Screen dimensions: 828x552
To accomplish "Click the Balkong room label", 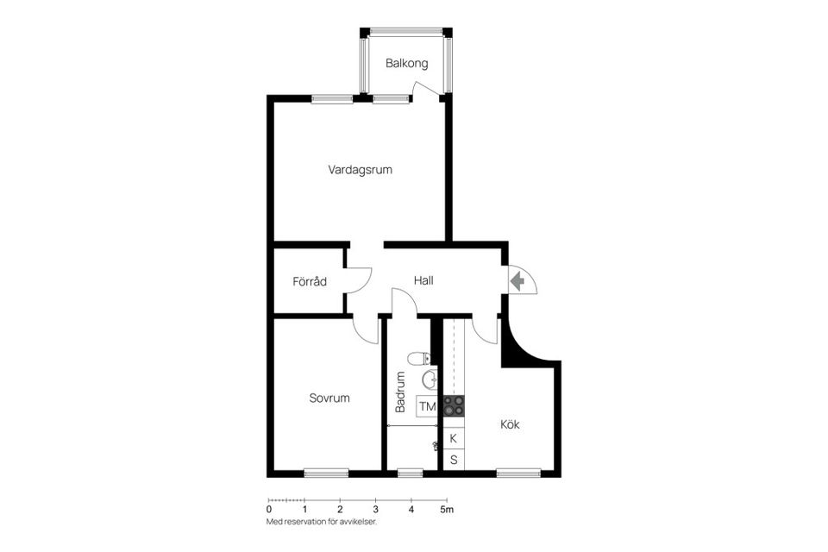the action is [x=406, y=63].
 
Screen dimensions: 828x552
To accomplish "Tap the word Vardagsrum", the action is [x=361, y=170].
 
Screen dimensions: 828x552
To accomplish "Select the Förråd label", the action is [x=310, y=281].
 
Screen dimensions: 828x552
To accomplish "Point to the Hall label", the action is [x=423, y=280].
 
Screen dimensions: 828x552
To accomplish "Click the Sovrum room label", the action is [x=329, y=398].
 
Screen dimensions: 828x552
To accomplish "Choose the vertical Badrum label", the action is [x=400, y=392].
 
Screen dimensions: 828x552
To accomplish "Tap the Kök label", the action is [x=510, y=423].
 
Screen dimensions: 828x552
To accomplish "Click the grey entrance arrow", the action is [x=517, y=280].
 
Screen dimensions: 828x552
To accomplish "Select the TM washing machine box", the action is [x=427, y=406].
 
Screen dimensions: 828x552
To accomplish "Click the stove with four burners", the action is [x=454, y=405].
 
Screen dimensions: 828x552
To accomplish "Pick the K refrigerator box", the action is [x=454, y=438].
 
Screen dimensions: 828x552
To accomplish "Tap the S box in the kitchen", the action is [x=454, y=460].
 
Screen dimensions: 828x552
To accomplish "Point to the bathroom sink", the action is [x=430, y=379].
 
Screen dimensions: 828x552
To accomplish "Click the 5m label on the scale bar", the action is [x=448, y=510].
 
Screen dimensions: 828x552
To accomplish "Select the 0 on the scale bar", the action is [x=269, y=510].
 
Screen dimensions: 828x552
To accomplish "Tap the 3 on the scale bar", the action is [x=375, y=510].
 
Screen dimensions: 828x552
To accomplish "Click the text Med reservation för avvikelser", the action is [x=322, y=522].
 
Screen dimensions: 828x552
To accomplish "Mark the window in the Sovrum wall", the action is [x=326, y=474].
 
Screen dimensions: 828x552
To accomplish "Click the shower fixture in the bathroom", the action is [x=435, y=447].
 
